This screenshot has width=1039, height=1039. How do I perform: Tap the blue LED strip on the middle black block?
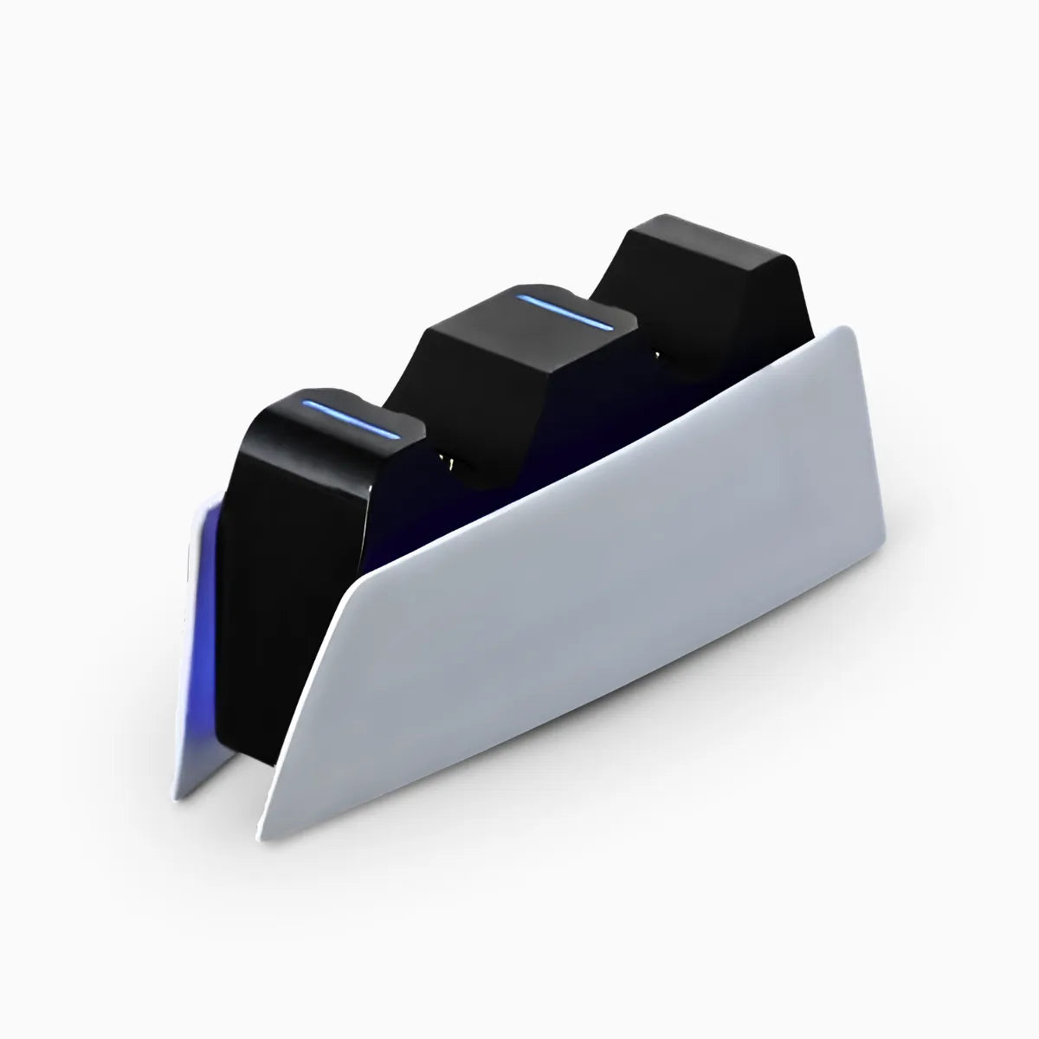[x=565, y=313]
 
